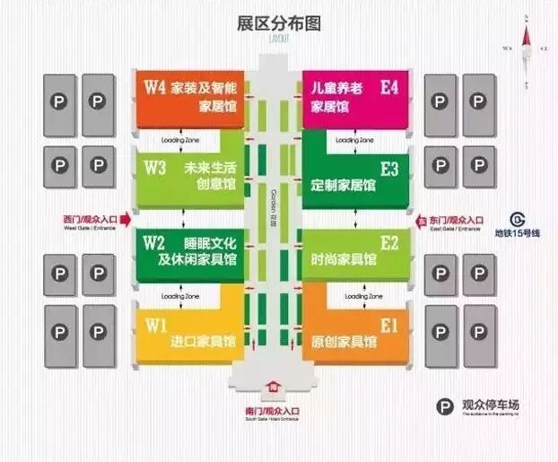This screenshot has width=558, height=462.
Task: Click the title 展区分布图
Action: (278, 22)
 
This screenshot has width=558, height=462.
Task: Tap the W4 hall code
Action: (154, 87)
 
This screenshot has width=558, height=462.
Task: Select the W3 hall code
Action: (154, 168)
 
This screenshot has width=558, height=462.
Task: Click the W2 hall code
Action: (154, 242)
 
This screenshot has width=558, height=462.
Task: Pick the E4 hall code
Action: (389, 87)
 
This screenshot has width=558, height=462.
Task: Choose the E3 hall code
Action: (389, 168)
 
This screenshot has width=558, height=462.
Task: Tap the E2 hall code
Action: (389, 242)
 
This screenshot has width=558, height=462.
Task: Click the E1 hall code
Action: (389, 324)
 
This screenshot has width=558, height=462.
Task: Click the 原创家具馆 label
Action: (343, 341)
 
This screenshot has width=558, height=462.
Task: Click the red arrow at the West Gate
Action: (126, 219)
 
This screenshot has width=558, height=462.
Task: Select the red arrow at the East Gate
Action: (419, 219)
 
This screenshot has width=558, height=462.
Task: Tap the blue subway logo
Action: (518, 219)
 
